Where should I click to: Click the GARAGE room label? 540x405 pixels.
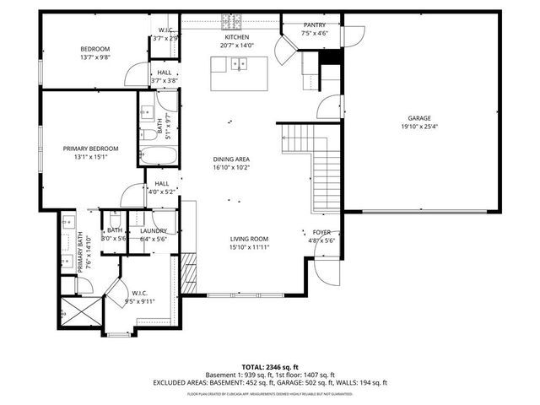click(419, 119)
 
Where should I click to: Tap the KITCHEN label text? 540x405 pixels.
click(236, 38)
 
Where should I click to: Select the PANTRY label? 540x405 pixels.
click(314, 26)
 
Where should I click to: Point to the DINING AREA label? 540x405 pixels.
click(230, 159)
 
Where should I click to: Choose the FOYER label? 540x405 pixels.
click(322, 231)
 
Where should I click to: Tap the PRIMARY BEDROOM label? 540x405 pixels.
click(90, 148)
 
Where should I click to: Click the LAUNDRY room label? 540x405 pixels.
click(153, 230)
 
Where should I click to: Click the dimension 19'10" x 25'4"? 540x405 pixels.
click(419, 127)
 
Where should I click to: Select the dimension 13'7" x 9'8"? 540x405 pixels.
click(95, 57)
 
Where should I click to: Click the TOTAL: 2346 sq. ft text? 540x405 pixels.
click(269, 367)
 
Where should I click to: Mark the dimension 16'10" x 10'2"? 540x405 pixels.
click(230, 167)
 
